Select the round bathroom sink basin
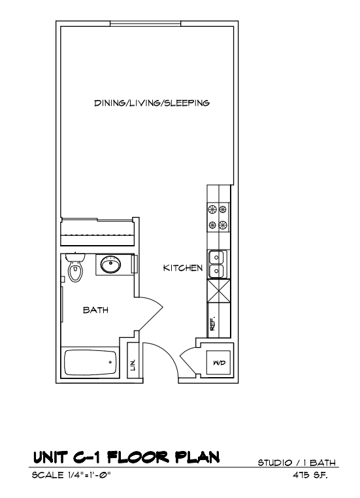(110, 264)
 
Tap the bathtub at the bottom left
(90, 362)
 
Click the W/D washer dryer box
(219, 362)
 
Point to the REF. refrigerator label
(213, 323)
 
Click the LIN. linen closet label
(133, 365)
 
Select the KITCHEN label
(183, 268)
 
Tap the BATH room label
(95, 310)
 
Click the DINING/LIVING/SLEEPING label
(152, 103)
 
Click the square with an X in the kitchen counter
(219, 291)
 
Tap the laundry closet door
(189, 358)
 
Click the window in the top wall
(146, 24)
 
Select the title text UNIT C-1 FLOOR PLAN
(126, 457)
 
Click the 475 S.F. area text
(310, 475)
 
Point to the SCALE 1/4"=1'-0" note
(71, 475)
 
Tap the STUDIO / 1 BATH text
(297, 463)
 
